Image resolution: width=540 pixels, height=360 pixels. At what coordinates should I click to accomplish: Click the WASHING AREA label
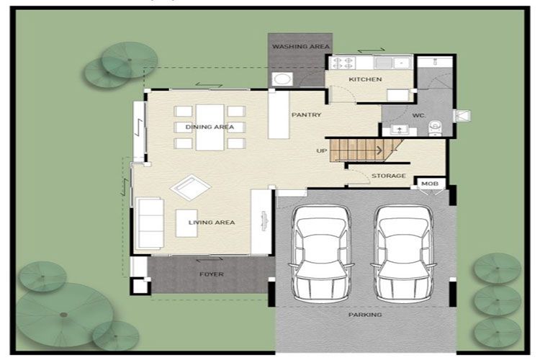[x=300, y=47]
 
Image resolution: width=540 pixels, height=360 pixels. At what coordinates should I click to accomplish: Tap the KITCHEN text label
[x=365, y=79]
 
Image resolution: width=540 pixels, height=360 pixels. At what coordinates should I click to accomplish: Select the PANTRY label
[x=306, y=115]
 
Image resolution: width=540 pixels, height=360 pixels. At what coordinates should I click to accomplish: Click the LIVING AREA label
[x=212, y=222]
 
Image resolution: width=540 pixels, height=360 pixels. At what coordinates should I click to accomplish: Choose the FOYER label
[x=211, y=274]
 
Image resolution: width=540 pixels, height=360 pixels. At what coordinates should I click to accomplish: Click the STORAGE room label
[x=389, y=176]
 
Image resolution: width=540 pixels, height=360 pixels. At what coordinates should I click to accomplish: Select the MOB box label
[x=429, y=184]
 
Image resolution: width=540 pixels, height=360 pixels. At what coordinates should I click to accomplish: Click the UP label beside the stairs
[x=321, y=151]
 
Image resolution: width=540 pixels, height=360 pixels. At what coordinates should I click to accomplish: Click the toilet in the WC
[x=434, y=127]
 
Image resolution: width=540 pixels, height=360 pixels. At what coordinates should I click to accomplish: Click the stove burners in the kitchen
[x=341, y=63]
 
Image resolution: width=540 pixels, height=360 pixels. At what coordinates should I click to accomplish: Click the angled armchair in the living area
[x=190, y=189]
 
